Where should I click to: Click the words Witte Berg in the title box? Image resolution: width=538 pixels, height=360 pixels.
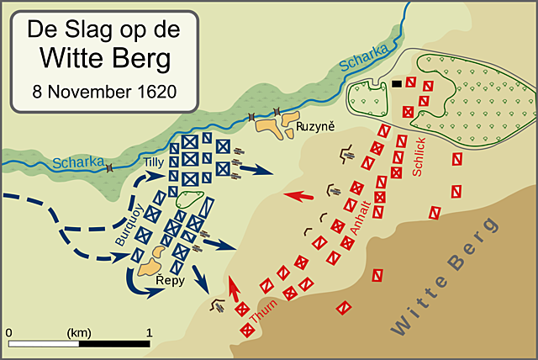[104, 59]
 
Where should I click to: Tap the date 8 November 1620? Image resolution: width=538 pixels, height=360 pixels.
[104, 90]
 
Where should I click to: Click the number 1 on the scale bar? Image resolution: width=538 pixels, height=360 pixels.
[149, 332]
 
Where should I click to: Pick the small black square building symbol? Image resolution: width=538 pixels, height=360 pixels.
[395, 83]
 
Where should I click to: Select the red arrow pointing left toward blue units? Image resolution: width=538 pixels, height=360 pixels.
[298, 196]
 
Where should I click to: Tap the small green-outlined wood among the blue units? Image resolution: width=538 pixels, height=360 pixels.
[191, 202]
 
